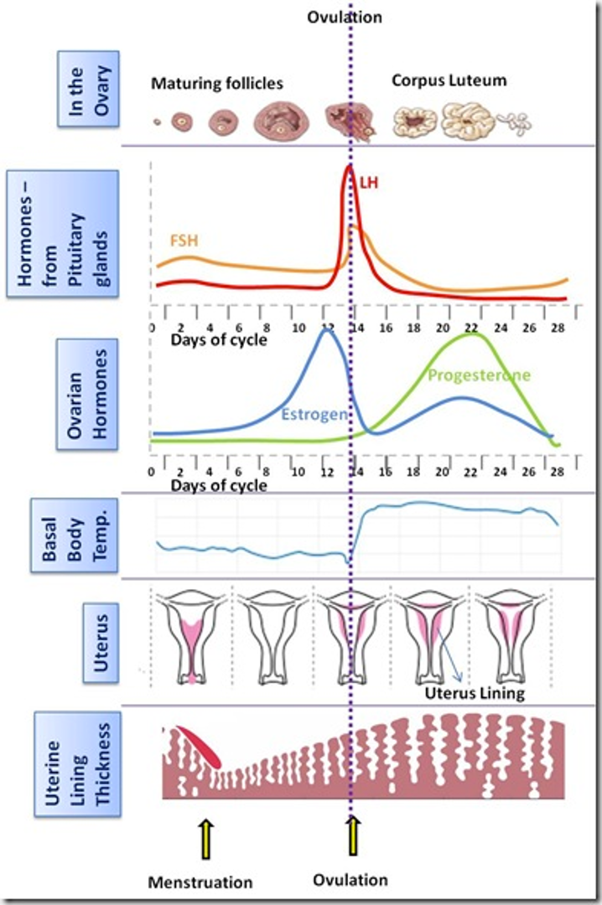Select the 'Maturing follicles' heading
click(217, 84)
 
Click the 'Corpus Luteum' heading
click(449, 81)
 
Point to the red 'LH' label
click(369, 181)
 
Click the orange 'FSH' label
click(184, 240)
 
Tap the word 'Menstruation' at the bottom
click(200, 882)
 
